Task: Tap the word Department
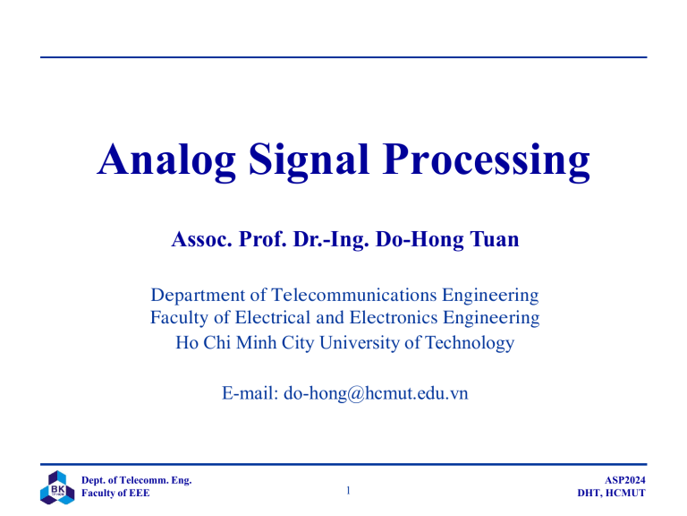point(197,295)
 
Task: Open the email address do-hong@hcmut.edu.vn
point(376,392)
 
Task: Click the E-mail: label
point(248,392)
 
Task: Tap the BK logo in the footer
point(56,487)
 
